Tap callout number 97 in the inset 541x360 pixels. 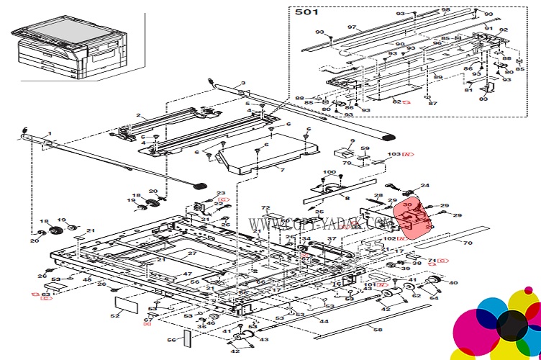coord(352,27)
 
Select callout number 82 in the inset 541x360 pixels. coord(397,102)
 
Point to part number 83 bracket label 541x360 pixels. coord(483,99)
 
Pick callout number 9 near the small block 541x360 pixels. coord(353,141)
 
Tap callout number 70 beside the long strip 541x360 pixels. coord(467,243)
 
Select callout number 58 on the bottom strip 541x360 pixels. coord(378,329)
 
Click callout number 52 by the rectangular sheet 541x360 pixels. coord(115,315)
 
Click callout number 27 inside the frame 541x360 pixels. coord(192,253)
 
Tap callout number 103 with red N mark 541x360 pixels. coord(395,154)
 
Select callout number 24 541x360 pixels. coord(424,186)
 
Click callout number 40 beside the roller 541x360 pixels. coord(453,283)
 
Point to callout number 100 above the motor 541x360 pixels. coord(329,172)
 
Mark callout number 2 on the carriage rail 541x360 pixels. coord(138,116)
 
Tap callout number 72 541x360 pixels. coord(265,208)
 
